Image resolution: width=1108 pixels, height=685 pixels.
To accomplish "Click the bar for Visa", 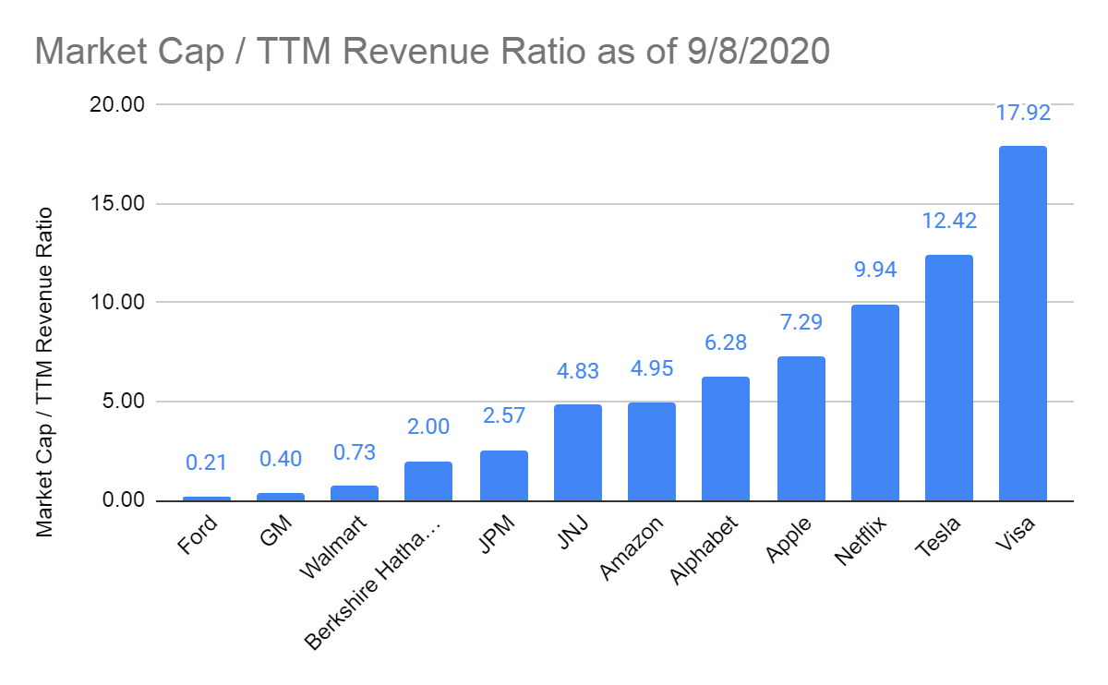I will [x=1022, y=323].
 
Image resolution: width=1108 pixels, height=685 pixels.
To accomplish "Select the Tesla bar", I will [x=948, y=378].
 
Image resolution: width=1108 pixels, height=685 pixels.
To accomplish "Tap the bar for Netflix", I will [x=874, y=403].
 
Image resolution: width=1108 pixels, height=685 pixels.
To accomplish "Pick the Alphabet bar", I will [x=725, y=439].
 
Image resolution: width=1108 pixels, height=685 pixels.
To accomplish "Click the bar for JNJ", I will [x=577, y=452].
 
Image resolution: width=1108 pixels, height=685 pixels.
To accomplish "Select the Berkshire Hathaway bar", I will [x=428, y=481].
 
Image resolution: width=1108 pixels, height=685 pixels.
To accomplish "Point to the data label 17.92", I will [x=1022, y=114].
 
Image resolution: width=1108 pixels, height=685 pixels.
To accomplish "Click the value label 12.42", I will [x=948, y=222].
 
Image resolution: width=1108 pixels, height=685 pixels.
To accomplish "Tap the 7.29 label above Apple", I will [x=800, y=323].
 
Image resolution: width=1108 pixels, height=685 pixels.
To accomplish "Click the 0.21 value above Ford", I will [x=206, y=463].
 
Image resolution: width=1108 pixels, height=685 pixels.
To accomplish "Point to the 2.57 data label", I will [x=503, y=416].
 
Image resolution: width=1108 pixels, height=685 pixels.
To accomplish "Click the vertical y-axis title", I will [x=44, y=372].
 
